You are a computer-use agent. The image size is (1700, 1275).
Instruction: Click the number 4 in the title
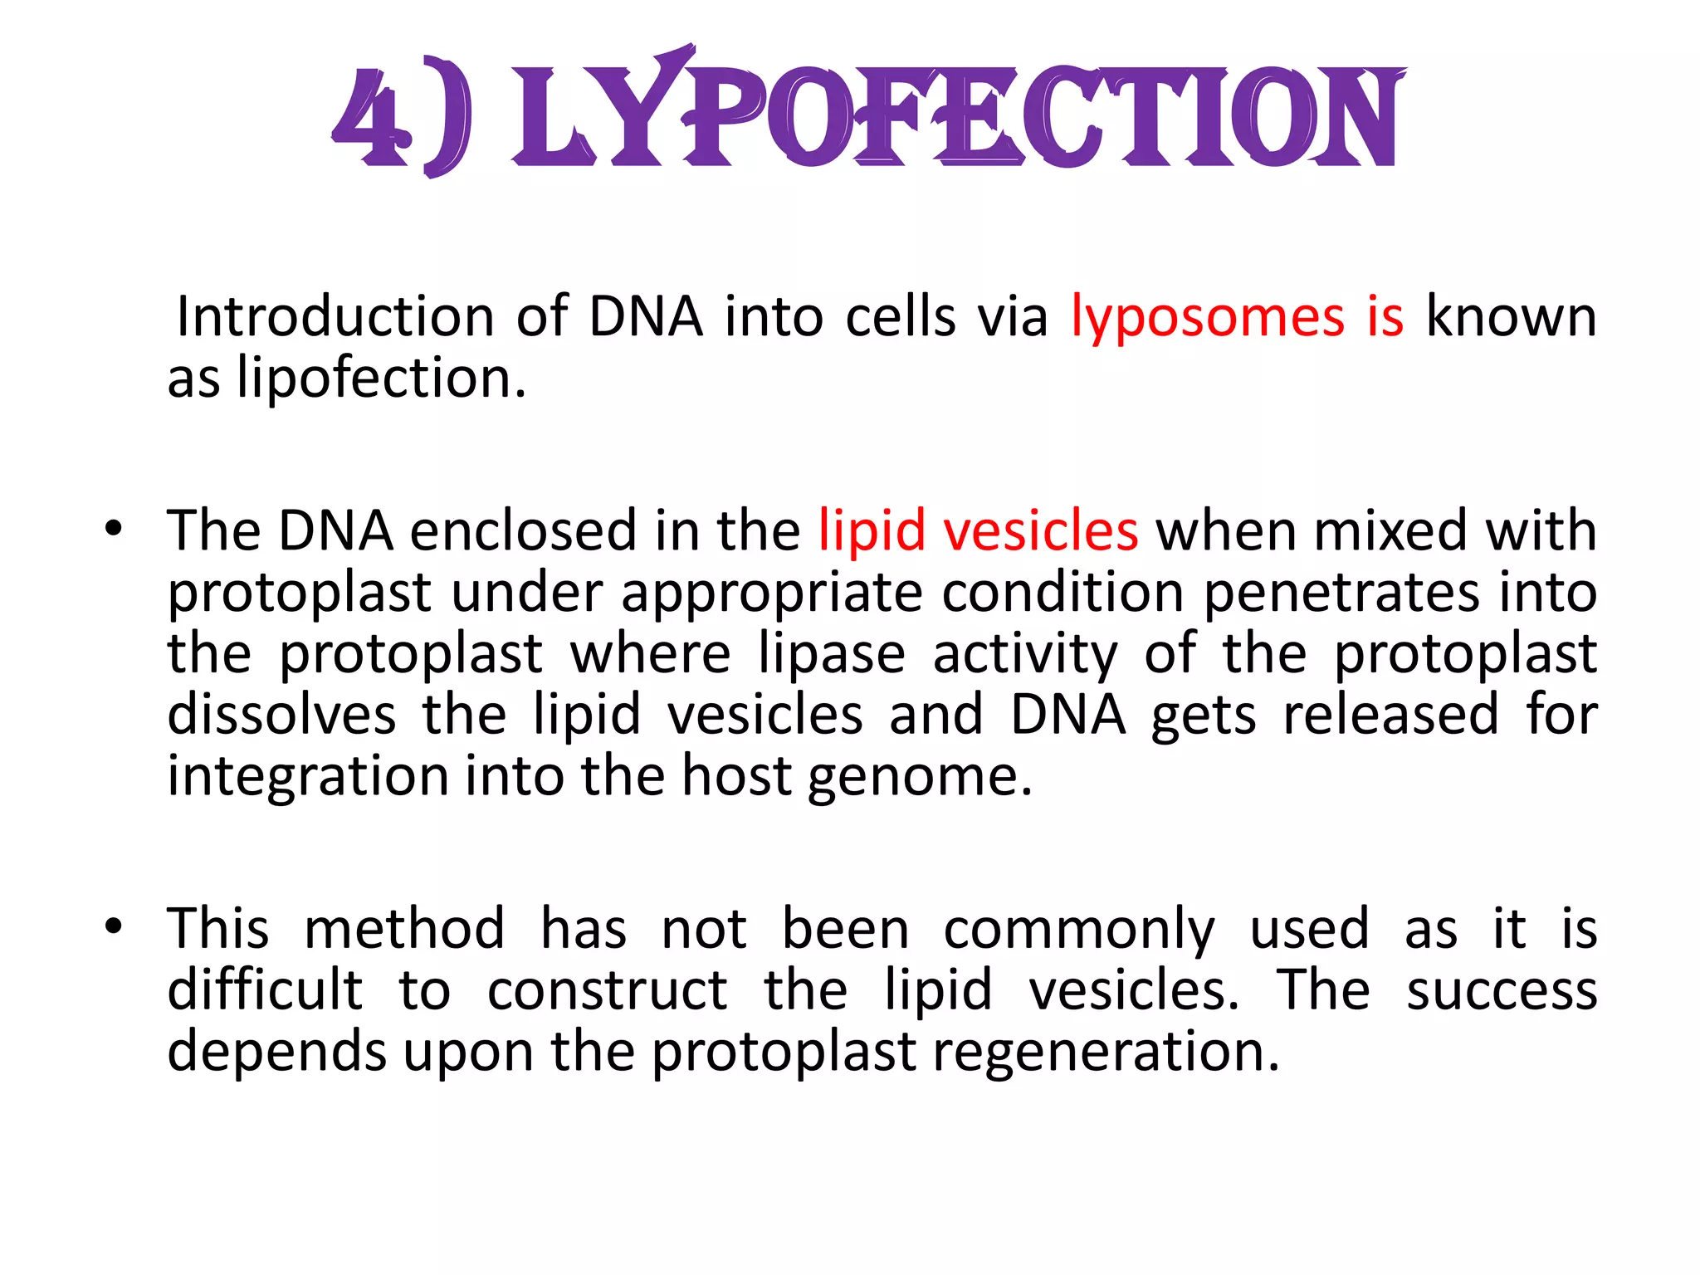click(370, 116)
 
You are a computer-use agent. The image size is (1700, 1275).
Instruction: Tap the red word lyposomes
click(1207, 318)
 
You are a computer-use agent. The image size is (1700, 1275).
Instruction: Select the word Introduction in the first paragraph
click(335, 318)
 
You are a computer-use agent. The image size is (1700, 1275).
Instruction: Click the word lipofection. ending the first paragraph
click(381, 379)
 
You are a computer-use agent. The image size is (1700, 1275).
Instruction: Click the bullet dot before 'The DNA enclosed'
click(114, 528)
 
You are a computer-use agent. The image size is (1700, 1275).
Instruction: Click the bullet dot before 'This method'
click(114, 926)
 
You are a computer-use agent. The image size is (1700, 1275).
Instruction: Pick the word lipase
click(832, 654)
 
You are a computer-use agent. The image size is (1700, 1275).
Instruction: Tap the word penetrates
click(1341, 593)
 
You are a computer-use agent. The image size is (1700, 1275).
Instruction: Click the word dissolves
click(281, 716)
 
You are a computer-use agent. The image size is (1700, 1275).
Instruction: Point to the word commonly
click(1079, 930)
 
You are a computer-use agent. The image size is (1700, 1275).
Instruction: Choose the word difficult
click(265, 990)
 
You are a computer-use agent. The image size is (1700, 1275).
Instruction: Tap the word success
click(1502, 990)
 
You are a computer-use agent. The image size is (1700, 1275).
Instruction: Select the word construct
click(607, 990)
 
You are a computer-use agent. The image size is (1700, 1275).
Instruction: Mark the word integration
click(308, 777)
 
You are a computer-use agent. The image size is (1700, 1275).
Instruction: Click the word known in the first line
click(1511, 318)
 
